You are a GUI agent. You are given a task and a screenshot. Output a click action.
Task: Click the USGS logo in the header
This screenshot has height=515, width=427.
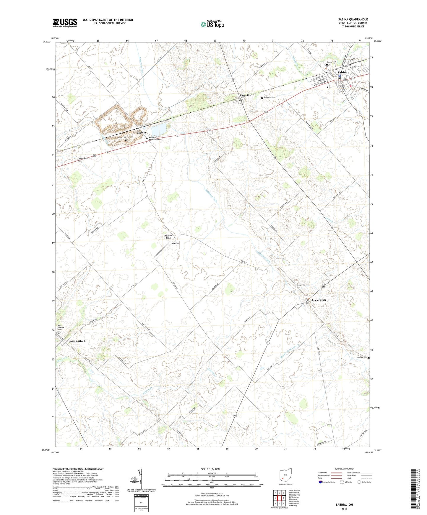point(65,23)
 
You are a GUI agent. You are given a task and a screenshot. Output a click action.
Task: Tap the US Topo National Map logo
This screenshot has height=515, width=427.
point(212,24)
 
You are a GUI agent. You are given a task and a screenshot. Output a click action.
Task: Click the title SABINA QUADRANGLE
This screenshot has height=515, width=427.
point(353,19)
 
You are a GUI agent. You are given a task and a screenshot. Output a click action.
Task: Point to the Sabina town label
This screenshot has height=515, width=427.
point(342,72)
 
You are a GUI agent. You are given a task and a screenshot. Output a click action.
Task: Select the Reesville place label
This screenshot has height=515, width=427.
point(245,95)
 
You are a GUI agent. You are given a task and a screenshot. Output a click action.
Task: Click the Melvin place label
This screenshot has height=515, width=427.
point(142,133)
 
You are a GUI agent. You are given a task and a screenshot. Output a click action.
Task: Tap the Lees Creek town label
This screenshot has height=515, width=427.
point(319,300)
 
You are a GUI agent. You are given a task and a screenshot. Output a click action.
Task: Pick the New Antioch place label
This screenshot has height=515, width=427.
point(77,341)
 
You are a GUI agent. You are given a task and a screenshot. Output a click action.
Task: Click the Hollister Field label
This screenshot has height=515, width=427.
point(168,237)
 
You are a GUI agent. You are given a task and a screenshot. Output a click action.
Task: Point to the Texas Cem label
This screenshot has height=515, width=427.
point(175,243)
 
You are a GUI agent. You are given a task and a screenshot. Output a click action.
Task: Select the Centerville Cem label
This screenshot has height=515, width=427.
point(301,286)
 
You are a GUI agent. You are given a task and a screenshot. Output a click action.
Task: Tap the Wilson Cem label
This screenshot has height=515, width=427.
point(83,158)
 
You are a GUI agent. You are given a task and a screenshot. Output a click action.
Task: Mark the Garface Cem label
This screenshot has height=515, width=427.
point(362,357)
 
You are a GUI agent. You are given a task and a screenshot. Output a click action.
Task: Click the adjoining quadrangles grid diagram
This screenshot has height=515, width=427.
point(279,497)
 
